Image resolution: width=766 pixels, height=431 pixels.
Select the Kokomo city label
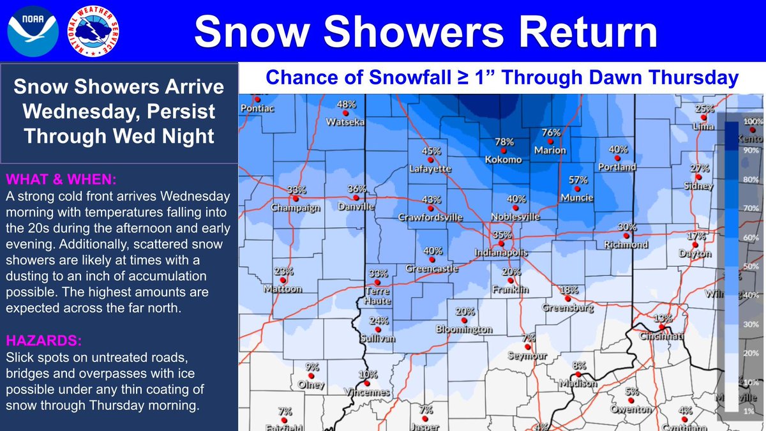click(x=504, y=160)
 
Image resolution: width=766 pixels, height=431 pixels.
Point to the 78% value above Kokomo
click(x=504, y=141)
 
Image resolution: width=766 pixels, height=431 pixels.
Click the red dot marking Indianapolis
click(x=502, y=243)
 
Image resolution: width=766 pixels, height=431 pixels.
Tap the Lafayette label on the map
click(x=430, y=169)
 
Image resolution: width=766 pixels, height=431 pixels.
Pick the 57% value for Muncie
click(x=578, y=179)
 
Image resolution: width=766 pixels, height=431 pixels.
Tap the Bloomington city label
click(x=464, y=329)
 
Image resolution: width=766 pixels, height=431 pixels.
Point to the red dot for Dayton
click(x=696, y=245)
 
